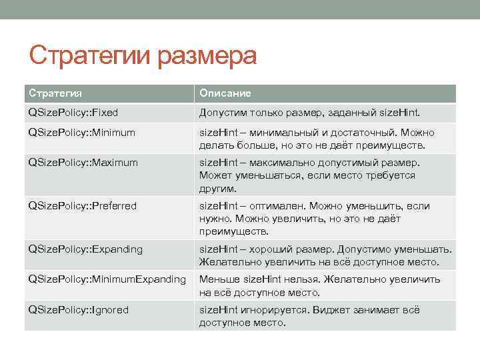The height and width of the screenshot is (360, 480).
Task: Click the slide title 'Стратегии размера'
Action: (143, 57)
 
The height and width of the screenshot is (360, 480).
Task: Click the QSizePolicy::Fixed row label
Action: (73, 113)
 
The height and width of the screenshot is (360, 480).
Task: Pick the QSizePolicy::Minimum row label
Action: (81, 132)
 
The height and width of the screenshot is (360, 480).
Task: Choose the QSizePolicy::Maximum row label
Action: (83, 162)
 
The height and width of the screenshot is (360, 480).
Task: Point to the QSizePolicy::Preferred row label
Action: (82, 206)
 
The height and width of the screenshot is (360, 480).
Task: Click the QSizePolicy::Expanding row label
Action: (85, 249)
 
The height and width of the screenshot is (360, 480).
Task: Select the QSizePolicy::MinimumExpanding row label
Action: (107, 279)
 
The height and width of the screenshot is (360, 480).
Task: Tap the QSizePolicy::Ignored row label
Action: (78, 310)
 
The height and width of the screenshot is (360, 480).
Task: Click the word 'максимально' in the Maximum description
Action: (282, 162)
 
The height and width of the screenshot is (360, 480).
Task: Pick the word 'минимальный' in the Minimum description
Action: (283, 132)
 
